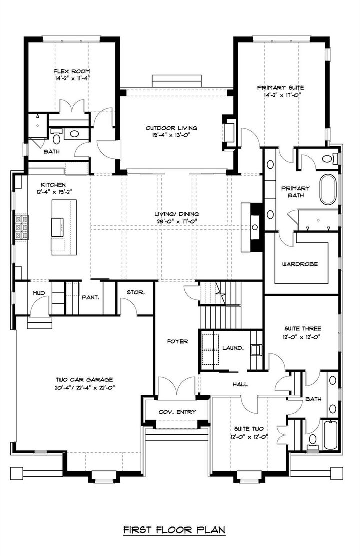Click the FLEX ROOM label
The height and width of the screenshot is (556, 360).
pyautogui.click(x=72, y=71)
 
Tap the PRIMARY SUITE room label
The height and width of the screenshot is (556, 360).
pyautogui.click(x=280, y=87)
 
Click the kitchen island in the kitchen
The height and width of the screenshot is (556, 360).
pyautogui.click(x=64, y=227)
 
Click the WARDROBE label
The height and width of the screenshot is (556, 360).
pyautogui.click(x=300, y=263)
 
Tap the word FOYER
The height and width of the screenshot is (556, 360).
pyautogui.click(x=177, y=341)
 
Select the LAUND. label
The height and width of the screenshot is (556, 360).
pyautogui.click(x=233, y=348)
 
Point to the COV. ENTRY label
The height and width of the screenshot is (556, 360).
pyautogui.click(x=177, y=412)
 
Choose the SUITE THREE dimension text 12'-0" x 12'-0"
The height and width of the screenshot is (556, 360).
pyautogui.click(x=302, y=336)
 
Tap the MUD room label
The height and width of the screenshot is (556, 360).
pyautogui.click(x=39, y=293)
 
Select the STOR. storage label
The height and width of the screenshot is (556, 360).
pyautogui.click(x=135, y=292)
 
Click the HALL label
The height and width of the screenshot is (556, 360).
pyautogui.click(x=240, y=384)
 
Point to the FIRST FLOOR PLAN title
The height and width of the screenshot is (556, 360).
pyautogui.click(x=174, y=528)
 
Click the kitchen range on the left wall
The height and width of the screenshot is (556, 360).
pyautogui.click(x=21, y=228)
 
